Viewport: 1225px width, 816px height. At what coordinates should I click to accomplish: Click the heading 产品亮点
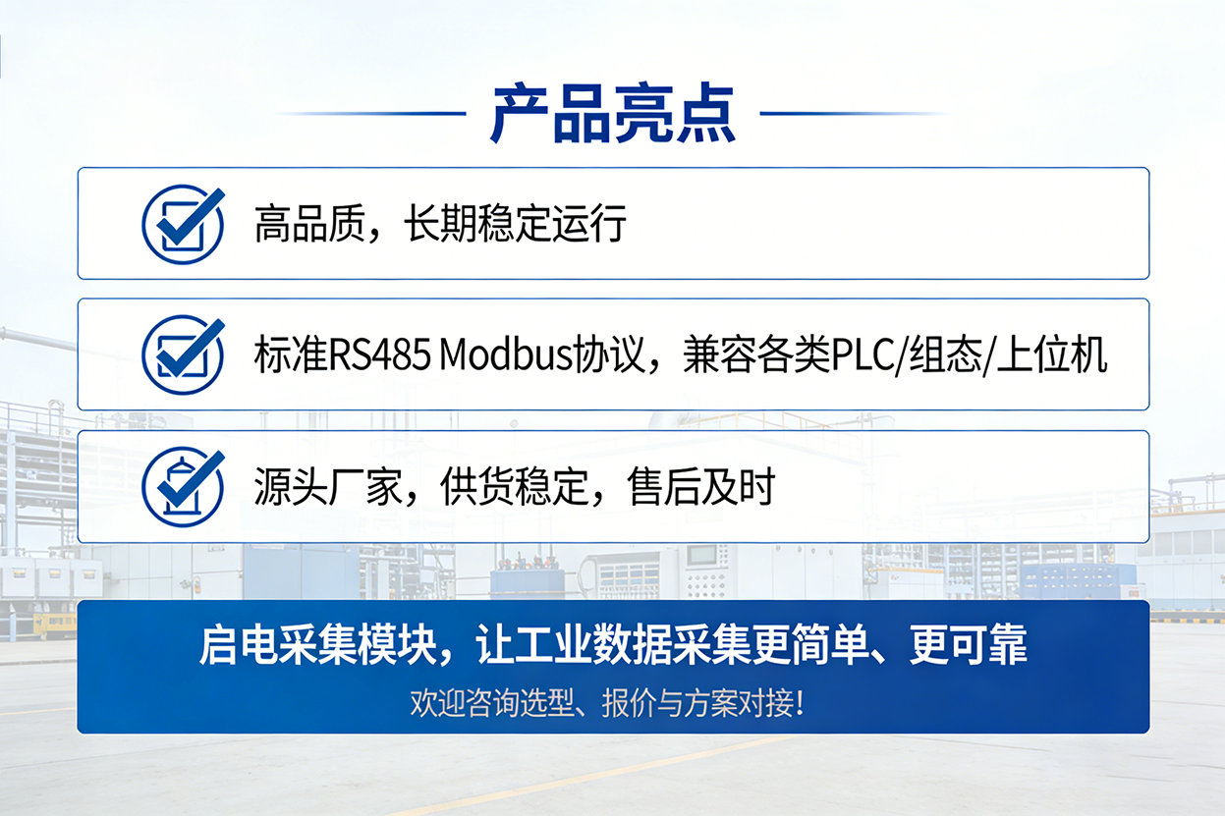pos(613,114)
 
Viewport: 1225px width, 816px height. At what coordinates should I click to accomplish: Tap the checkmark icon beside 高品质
pos(183,225)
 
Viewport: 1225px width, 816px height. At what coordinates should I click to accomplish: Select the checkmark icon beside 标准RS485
pos(183,355)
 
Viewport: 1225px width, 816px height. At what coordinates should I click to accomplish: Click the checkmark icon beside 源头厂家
pos(183,487)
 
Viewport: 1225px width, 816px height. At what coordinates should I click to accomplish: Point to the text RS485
pos(379,354)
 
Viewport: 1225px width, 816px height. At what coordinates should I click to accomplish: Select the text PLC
pos(862,355)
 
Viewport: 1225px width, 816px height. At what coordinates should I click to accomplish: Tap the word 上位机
pos(1052,354)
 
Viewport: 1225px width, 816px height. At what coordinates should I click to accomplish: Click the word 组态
pos(945,354)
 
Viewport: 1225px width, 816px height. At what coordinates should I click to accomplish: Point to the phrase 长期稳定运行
pos(515,224)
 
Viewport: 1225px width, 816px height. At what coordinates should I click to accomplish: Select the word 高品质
pos(309,224)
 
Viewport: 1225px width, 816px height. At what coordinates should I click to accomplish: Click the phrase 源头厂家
pos(328,486)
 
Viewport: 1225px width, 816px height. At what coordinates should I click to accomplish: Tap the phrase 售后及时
pos(701,486)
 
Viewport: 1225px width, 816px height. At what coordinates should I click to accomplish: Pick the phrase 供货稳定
pos(515,486)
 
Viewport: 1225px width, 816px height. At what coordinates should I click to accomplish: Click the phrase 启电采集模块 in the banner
pos(317,645)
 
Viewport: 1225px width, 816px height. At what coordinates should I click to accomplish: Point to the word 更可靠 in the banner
pos(968,645)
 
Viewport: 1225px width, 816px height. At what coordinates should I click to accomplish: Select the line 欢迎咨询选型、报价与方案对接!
pos(607,703)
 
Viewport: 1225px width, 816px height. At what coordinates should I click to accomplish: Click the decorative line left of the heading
pos(372,114)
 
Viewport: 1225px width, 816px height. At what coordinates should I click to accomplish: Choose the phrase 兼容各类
pos(756,354)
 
